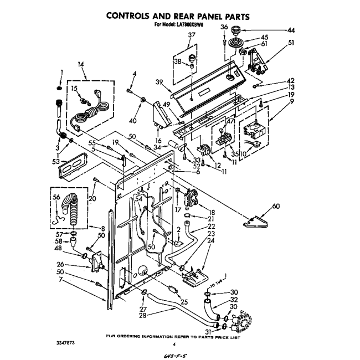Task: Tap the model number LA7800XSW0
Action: click(x=191, y=25)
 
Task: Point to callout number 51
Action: click(x=290, y=42)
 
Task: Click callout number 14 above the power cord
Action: click(x=82, y=65)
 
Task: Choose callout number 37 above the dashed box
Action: click(x=192, y=35)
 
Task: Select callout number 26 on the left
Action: click(x=60, y=264)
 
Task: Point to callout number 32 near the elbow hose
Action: click(x=234, y=300)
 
